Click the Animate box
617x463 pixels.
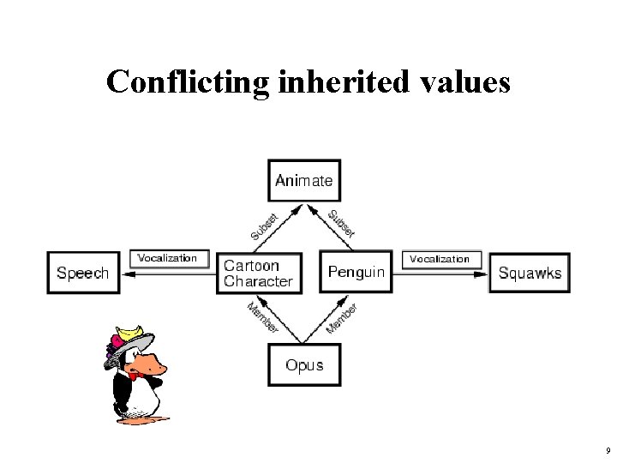[x=304, y=181]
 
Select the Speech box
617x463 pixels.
[x=83, y=273]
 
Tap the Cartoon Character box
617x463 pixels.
[x=259, y=273]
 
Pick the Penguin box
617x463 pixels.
[x=356, y=273]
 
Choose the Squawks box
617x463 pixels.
[x=530, y=273]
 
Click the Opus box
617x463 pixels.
[x=304, y=365]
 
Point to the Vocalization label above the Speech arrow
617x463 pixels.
[x=167, y=258]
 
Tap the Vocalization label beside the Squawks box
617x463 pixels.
[x=440, y=258]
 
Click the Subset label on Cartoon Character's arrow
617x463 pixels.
[x=264, y=226]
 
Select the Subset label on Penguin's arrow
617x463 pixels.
[x=341, y=223]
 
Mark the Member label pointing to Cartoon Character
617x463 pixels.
[x=262, y=317]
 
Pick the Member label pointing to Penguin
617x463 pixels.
[x=342, y=318]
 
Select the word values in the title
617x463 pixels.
[x=470, y=82]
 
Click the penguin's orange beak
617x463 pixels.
[x=152, y=364]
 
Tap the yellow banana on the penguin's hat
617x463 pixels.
[x=131, y=331]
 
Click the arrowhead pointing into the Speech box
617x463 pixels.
[x=127, y=274]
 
